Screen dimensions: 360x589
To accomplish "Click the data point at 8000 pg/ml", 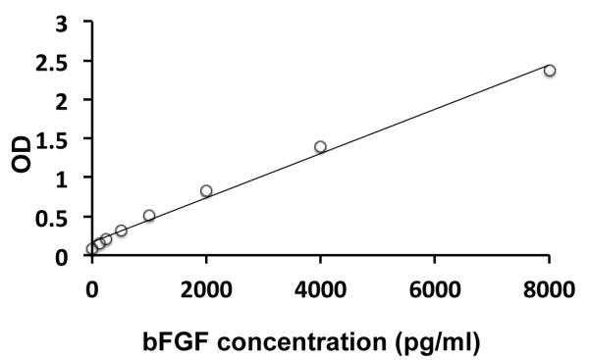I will click(x=550, y=70).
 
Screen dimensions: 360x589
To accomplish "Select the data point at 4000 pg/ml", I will click(x=320, y=147).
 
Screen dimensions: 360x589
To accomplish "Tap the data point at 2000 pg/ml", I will click(x=206, y=190).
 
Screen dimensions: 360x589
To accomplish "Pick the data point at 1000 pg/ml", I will click(x=149, y=215).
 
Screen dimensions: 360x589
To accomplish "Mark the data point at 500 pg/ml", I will click(x=121, y=231).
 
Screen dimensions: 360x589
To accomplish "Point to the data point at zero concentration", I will click(x=92, y=249).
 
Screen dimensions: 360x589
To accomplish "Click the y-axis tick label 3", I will click(x=62, y=22).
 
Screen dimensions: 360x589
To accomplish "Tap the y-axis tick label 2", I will click(x=62, y=100).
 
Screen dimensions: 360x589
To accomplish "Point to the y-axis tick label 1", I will click(x=62, y=179).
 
